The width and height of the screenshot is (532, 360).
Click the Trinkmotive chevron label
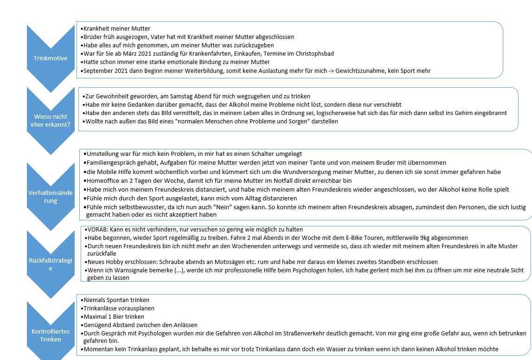click(51, 58)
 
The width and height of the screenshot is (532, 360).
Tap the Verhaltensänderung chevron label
click(51, 197)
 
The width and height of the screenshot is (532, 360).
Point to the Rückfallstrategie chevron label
click(51, 264)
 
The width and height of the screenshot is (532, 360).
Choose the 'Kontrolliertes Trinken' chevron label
click(51, 335)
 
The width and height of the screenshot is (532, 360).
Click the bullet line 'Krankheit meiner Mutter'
click(116, 29)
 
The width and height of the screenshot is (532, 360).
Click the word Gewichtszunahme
click(354, 71)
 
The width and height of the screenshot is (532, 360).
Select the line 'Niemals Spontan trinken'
click(116, 300)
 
